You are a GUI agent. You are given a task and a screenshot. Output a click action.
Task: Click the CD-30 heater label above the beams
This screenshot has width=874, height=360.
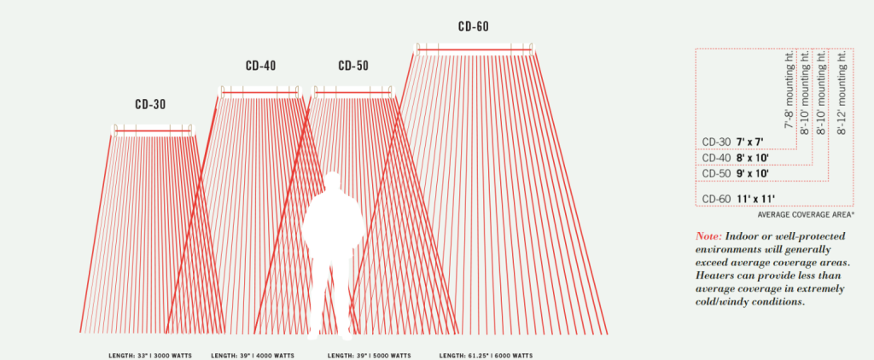150,105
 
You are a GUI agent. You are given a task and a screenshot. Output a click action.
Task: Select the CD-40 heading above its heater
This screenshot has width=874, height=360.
260,66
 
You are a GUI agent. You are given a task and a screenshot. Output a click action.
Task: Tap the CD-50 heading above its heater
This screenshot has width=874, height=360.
353,66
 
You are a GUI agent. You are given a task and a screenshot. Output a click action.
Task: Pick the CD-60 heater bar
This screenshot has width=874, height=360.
475,50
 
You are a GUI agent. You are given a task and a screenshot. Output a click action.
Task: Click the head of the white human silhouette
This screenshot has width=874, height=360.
333,183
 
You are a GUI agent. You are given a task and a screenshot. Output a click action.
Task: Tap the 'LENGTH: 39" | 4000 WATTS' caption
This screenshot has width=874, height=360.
251,354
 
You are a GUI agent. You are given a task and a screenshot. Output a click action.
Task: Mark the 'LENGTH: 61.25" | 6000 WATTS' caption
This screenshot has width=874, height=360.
487,354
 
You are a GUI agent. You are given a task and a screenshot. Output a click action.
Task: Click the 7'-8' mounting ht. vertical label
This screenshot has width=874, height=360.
790,90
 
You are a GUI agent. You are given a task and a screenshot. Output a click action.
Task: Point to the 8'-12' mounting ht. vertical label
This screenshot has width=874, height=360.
843,90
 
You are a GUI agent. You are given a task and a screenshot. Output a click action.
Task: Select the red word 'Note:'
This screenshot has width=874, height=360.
712,235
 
